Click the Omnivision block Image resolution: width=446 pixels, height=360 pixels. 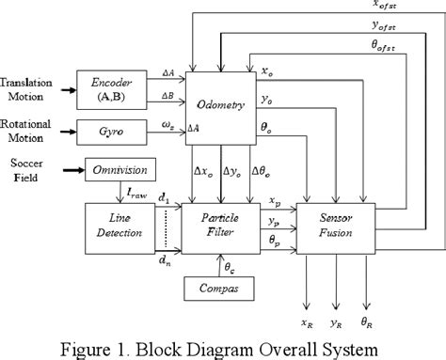click(119, 172)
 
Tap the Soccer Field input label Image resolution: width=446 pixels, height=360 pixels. click(22, 172)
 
